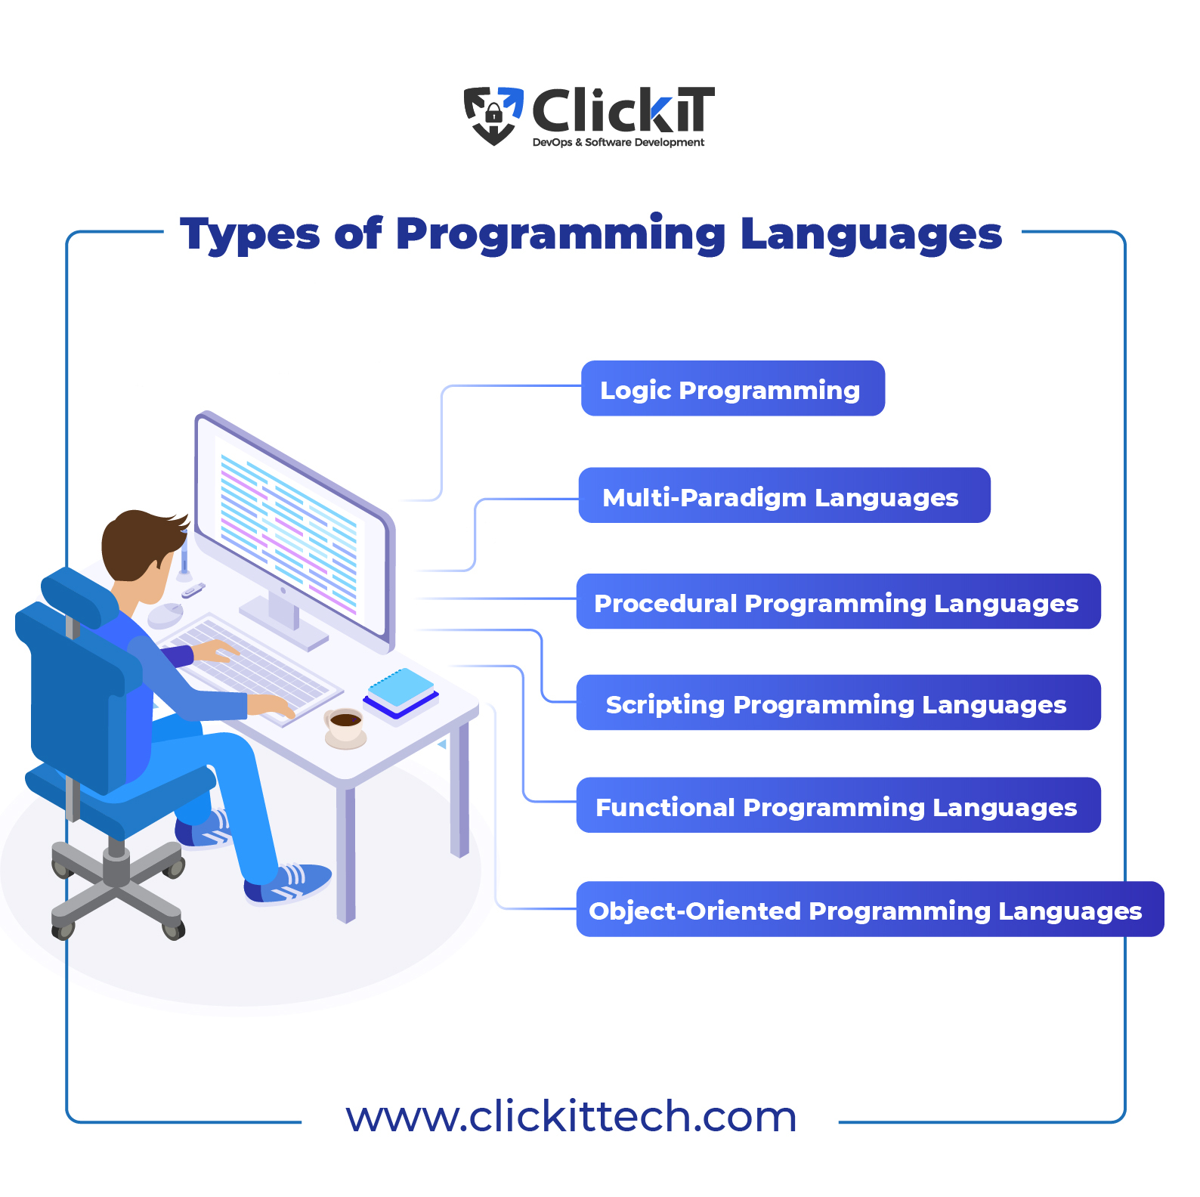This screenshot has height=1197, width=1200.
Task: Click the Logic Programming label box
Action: (732, 388)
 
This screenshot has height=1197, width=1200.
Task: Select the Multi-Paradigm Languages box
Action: (784, 495)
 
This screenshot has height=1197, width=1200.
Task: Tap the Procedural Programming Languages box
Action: (838, 602)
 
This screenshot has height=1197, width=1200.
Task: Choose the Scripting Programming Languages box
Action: (838, 702)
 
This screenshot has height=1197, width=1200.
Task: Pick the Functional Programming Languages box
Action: (838, 805)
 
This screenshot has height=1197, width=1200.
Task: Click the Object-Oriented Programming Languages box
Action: (870, 909)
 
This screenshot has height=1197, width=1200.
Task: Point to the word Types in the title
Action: (250, 234)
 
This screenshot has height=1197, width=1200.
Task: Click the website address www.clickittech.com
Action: (571, 1117)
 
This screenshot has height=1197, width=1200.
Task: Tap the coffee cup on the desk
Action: (345, 728)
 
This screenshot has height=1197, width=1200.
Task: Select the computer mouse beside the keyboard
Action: (165, 615)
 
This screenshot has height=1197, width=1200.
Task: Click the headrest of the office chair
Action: (79, 598)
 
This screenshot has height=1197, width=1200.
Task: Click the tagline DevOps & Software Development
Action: (618, 142)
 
